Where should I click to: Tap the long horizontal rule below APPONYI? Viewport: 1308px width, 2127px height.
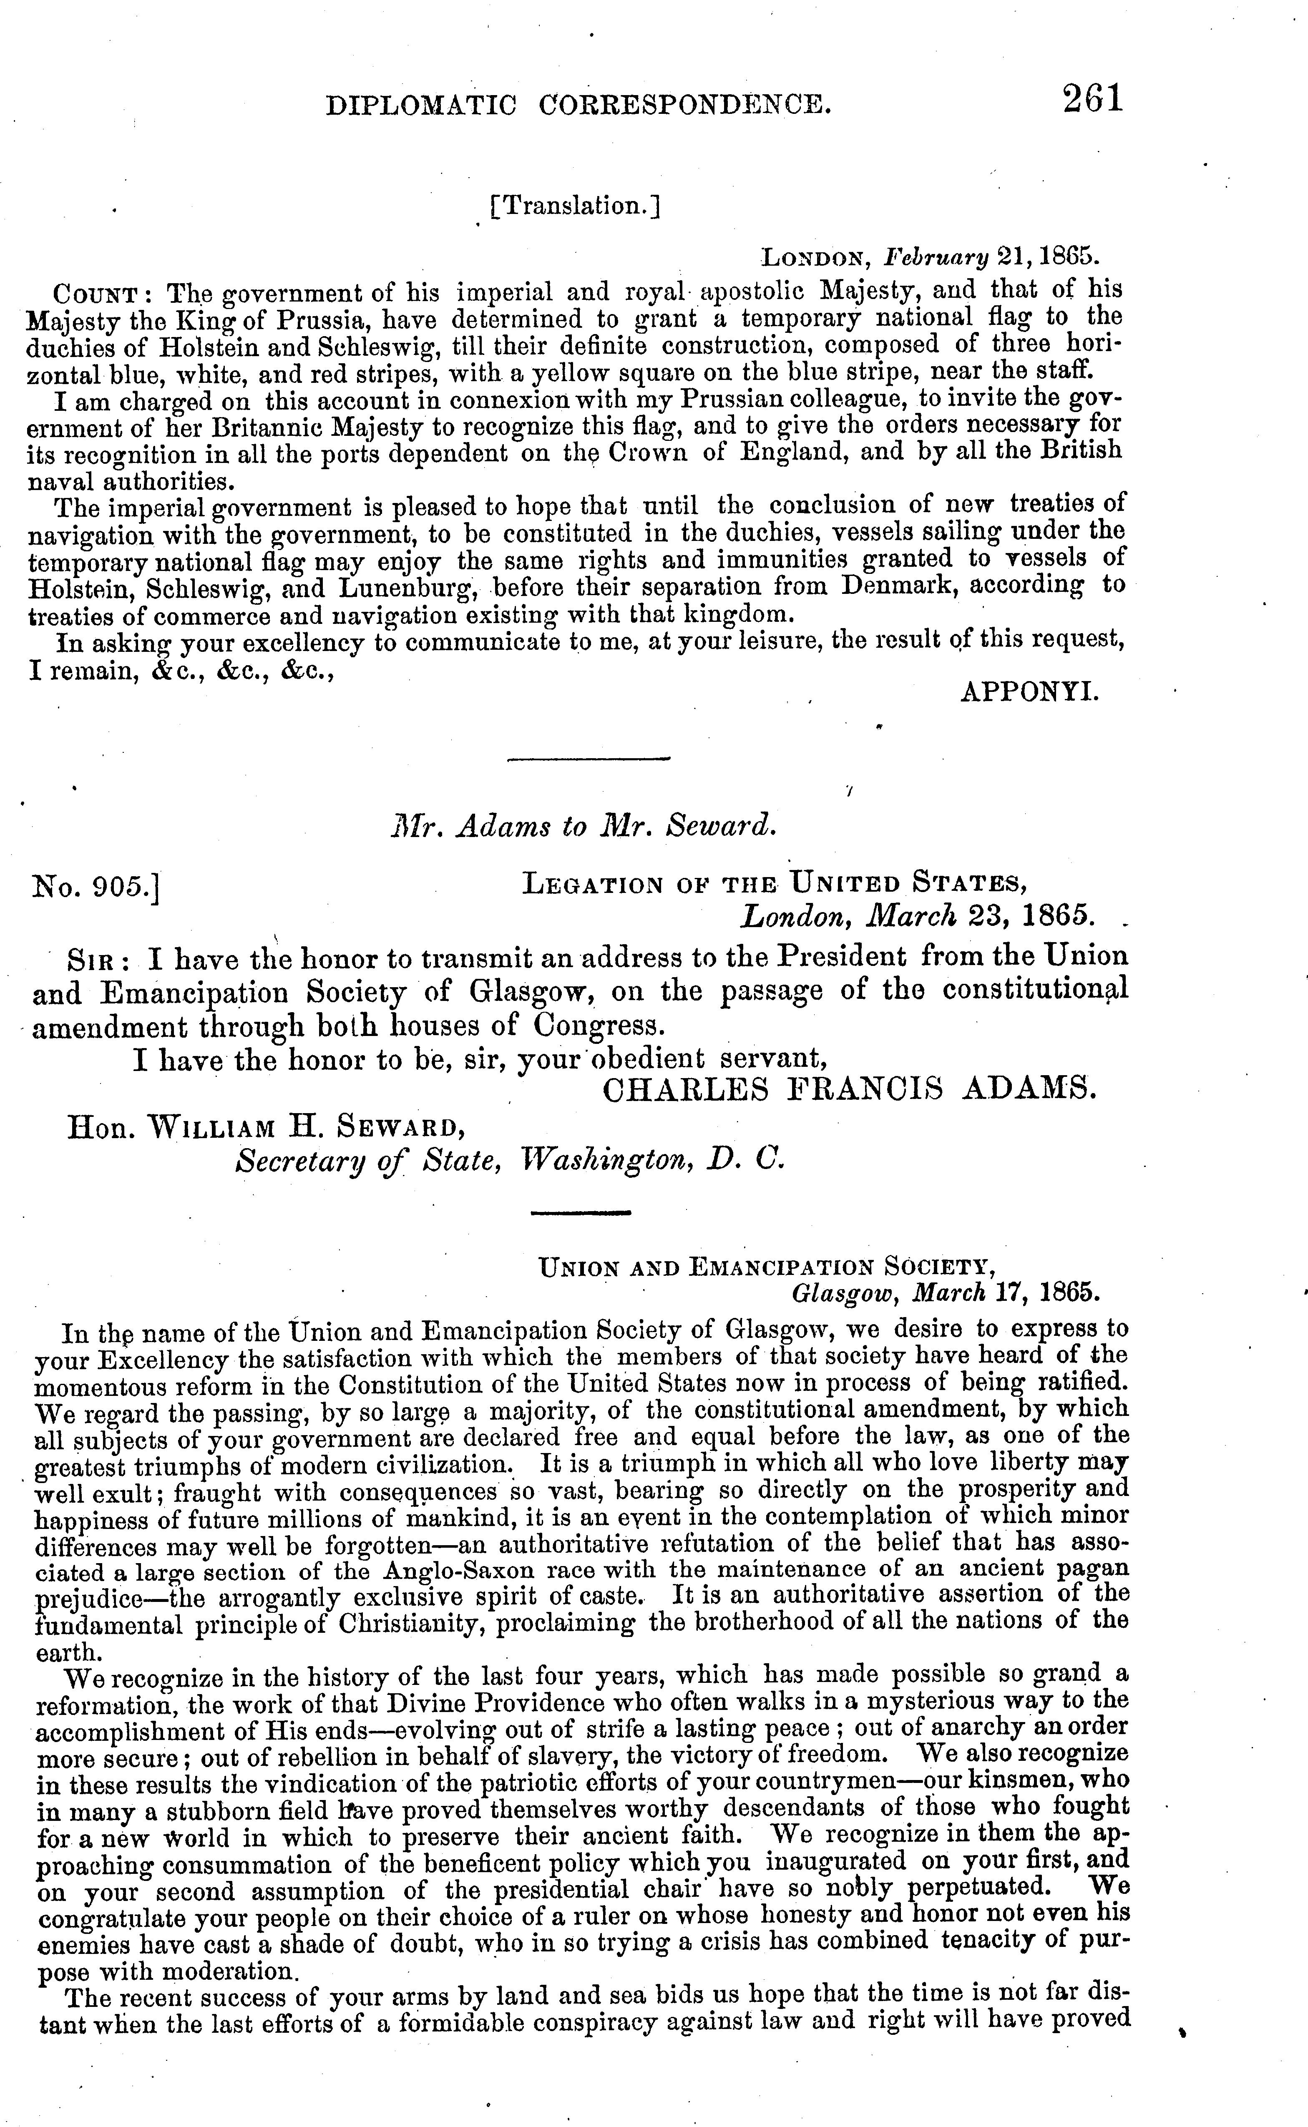(588, 759)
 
